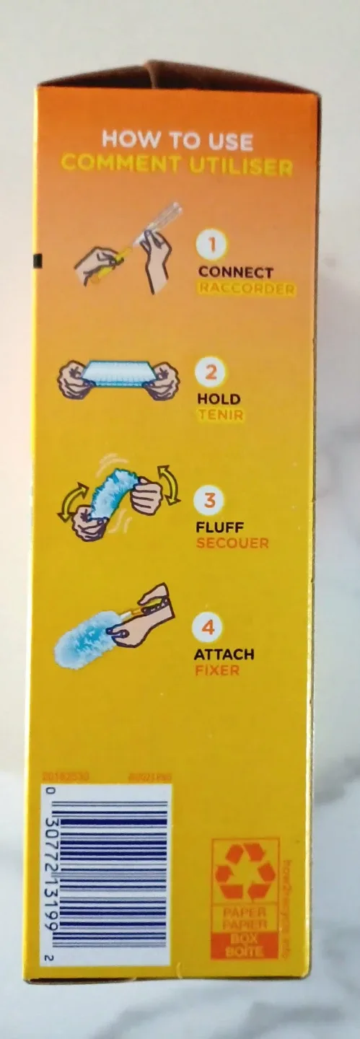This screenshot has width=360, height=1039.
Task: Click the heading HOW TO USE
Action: pyautogui.click(x=177, y=140)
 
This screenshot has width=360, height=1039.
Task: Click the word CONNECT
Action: pyautogui.click(x=235, y=273)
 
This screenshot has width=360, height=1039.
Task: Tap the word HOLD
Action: pyautogui.click(x=219, y=399)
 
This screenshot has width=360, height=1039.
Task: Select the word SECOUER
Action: pyautogui.click(x=233, y=543)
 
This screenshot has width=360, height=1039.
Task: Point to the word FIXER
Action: pyautogui.click(x=216, y=670)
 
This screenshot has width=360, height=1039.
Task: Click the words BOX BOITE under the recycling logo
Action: pyautogui.click(x=245, y=946)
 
